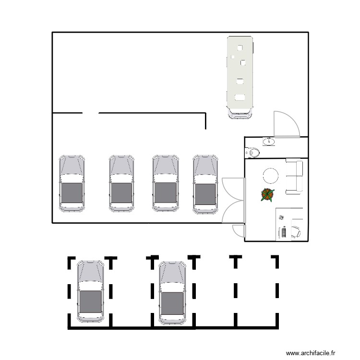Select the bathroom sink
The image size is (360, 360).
point(269,142)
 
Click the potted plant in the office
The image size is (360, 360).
point(267,194)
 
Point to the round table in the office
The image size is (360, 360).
point(270,175)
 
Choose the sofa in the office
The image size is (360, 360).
point(295,177)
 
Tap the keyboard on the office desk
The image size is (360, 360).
point(283,232)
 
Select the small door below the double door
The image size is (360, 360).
point(238,230)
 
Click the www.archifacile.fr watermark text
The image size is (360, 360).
point(312,353)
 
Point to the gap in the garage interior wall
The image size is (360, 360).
point(91,113)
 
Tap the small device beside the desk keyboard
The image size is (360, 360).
point(282,217)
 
